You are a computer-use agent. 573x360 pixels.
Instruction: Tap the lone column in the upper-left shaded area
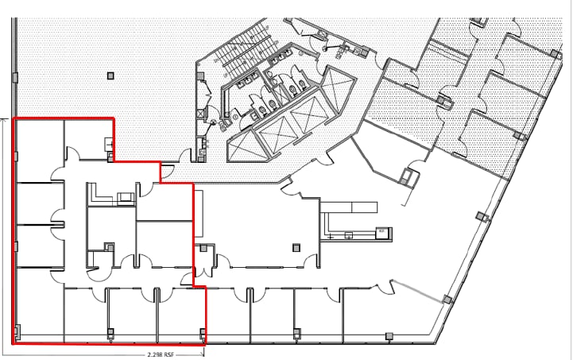point(110,75)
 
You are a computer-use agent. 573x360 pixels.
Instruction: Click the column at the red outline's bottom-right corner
point(203,332)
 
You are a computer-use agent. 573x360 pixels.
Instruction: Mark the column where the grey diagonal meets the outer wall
point(447,300)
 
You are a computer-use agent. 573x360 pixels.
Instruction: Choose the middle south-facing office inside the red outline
point(130,314)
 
